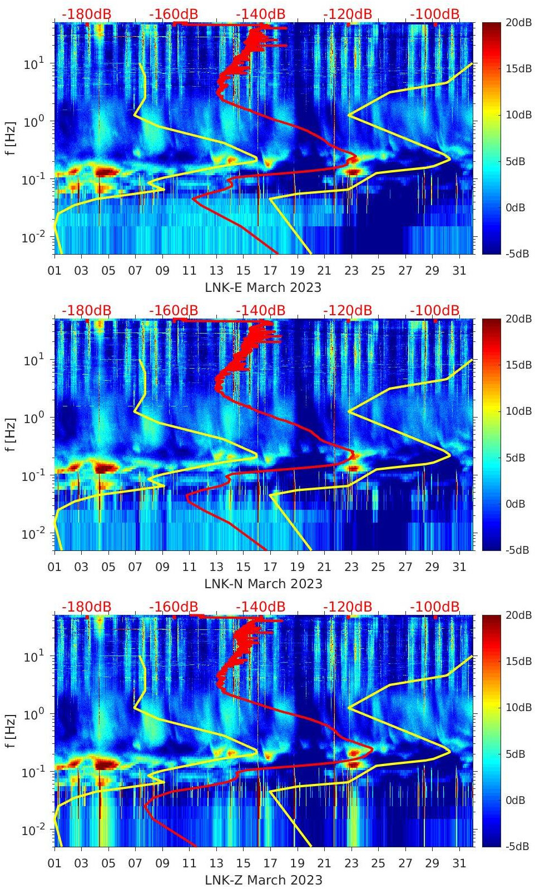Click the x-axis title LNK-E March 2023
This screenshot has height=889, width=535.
[x=263, y=287]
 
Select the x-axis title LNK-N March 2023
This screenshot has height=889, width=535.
[x=263, y=584]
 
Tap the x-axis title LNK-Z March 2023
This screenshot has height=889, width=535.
[x=263, y=880]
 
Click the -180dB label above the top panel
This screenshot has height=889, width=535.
[x=86, y=14]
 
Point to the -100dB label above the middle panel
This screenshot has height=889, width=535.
[x=435, y=310]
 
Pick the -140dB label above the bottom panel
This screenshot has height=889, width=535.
[x=260, y=607]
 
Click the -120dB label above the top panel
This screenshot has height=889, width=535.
[x=348, y=14]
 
